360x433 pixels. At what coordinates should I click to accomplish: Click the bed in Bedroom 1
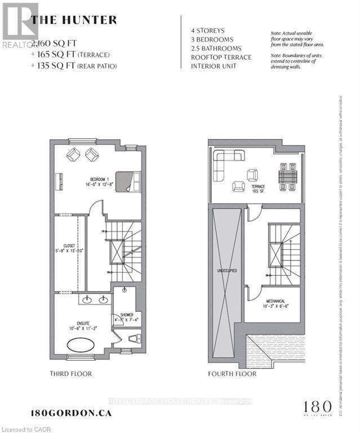[128, 182]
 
